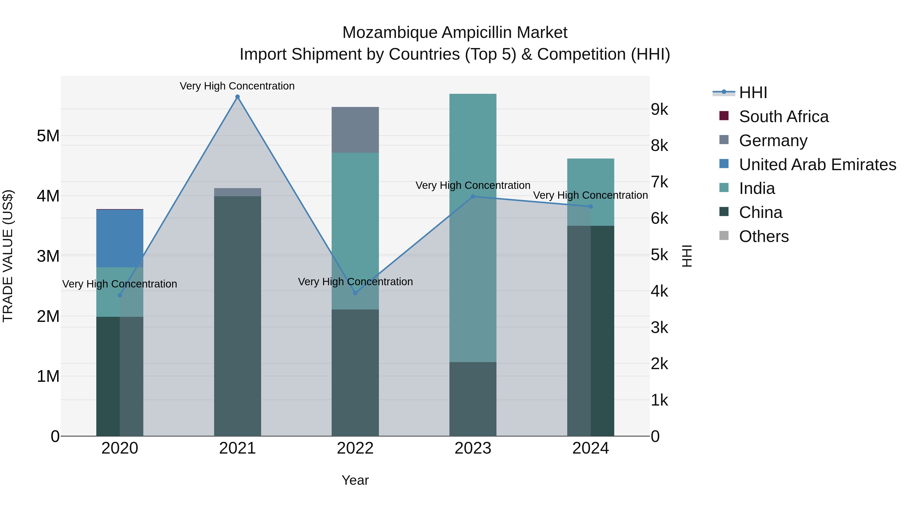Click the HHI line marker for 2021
(237, 97)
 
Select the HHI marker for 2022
(355, 293)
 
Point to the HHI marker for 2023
(473, 196)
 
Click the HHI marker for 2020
(120, 295)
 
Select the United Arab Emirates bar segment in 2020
(120, 238)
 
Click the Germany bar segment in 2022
(355, 130)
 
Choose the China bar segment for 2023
(473, 399)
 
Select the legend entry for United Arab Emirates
(817, 165)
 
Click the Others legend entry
(763, 236)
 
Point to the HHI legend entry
(753, 93)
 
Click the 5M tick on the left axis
(48, 136)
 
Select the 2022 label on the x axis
(355, 448)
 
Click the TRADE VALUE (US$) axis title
(8, 256)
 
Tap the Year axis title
(355, 480)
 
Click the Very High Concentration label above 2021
(237, 86)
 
